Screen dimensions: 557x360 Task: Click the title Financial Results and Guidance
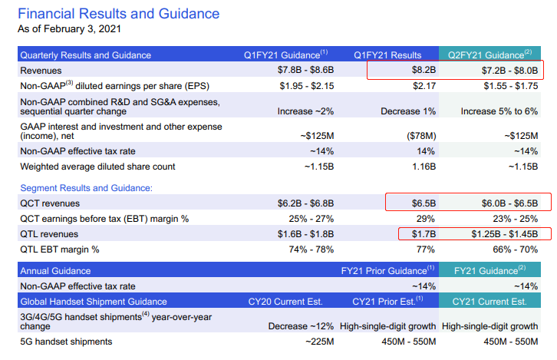tap(119, 14)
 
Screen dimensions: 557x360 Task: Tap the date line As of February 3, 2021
tap(69, 29)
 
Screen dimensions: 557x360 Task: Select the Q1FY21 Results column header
tap(387, 55)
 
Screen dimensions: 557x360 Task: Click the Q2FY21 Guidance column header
tap(489, 54)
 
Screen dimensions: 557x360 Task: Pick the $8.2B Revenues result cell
tap(424, 70)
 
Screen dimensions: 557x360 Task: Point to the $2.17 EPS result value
tap(424, 86)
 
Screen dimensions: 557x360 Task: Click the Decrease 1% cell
tap(408, 111)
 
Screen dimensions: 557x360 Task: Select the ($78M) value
tap(421, 136)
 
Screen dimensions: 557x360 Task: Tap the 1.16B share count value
tap(424, 167)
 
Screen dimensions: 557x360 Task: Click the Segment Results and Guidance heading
tap(87, 187)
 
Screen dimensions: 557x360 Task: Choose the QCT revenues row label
tap(50, 203)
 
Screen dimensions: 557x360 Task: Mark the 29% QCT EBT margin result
tap(426, 219)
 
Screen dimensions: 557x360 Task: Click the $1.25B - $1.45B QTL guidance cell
tap(504, 234)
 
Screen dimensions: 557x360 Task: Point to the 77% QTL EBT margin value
tap(426, 249)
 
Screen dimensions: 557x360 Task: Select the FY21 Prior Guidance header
tap(387, 270)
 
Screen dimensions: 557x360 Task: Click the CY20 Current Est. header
tap(285, 302)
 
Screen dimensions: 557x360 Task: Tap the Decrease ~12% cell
tap(301, 326)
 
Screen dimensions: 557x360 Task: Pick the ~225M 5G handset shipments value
tap(320, 342)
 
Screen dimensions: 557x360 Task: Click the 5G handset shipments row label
tap(66, 342)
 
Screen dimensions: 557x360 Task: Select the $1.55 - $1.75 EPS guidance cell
tap(511, 86)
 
